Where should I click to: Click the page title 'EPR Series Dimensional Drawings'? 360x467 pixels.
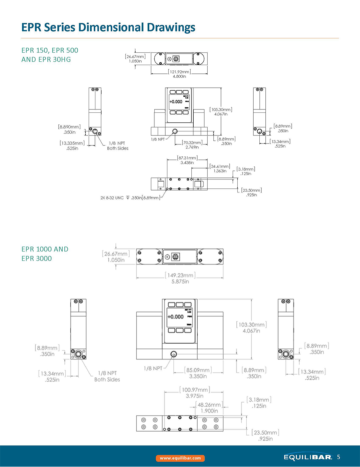coord(108,27)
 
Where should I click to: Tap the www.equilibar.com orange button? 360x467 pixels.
coord(180,458)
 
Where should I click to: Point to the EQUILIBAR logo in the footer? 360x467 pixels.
coord(308,457)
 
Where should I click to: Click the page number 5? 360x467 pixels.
coord(339,457)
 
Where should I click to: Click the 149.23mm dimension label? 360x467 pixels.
coord(180,276)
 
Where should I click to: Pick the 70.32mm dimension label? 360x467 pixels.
coord(192,143)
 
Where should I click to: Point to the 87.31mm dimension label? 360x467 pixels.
coord(187,158)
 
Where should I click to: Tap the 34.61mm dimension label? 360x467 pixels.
coord(220,166)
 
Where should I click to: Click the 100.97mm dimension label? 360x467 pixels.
coord(195,390)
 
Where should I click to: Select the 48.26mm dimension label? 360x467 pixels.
coord(209,405)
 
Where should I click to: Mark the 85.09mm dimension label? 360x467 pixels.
coord(198,370)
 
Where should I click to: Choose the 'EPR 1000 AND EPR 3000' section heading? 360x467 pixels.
coord(45,254)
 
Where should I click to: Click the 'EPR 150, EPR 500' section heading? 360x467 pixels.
coord(50,50)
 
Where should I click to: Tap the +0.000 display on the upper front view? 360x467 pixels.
coord(176,102)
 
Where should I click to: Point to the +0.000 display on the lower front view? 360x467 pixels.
coord(176,317)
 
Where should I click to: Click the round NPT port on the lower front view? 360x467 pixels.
coord(173,354)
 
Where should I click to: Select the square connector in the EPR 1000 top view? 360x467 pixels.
coord(175,257)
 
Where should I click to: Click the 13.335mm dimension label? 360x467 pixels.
coord(72,143)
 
